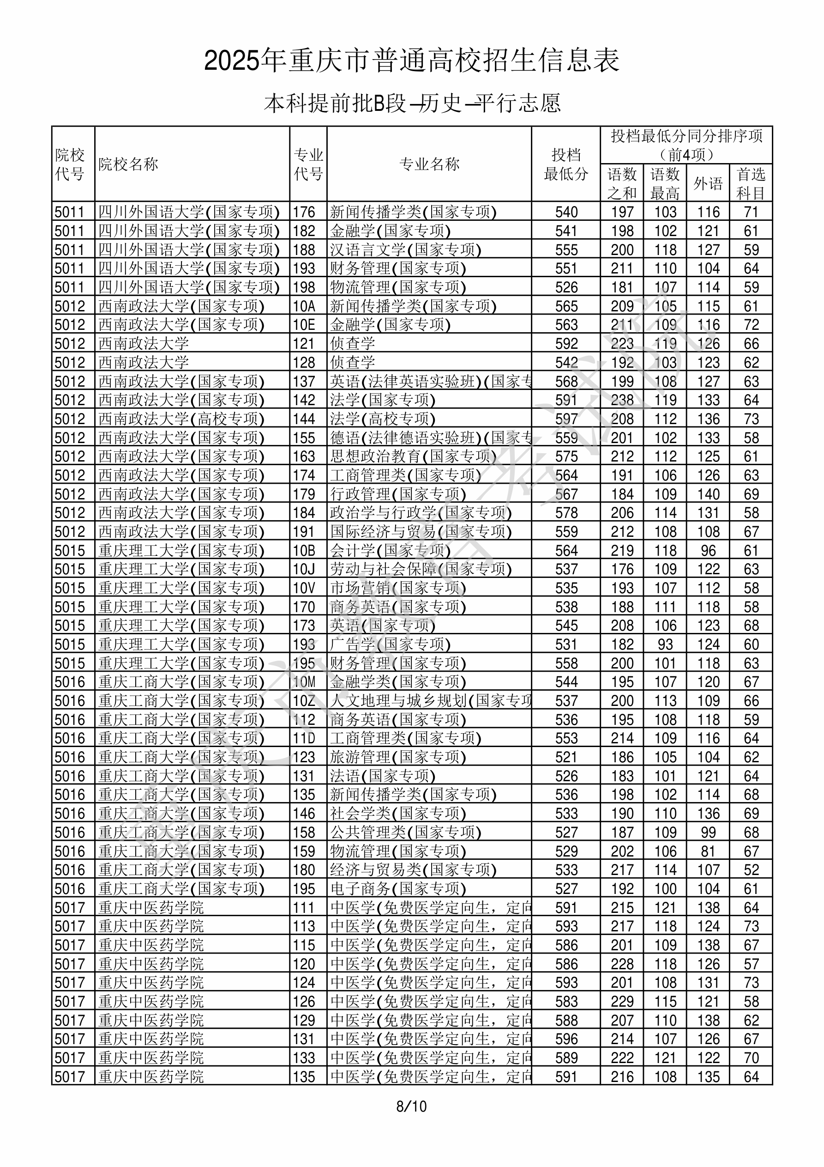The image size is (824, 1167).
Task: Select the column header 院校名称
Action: pos(128,164)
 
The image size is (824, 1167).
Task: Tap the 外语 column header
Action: pos(708,183)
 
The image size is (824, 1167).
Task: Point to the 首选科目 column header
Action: pos(751,183)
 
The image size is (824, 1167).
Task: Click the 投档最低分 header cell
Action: pos(566,164)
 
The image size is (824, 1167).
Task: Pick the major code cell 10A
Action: pos(304,306)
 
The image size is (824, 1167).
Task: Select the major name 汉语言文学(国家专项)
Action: pos(405,250)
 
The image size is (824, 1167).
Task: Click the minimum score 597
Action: pos(566,419)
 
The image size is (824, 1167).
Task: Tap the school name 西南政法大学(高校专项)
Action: pos(181,419)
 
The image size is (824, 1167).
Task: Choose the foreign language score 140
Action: pos(708,494)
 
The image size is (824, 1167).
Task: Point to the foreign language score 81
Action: pos(708,852)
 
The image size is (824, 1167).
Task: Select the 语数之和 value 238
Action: pos(622,401)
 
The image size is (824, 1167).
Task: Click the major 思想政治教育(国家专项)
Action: pos(413,457)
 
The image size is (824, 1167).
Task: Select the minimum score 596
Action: pos(566,1040)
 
